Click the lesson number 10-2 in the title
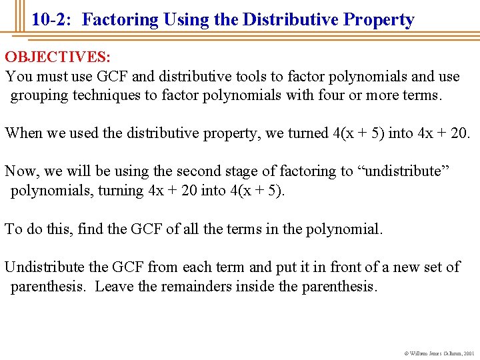(53, 20)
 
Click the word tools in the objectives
(245, 77)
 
